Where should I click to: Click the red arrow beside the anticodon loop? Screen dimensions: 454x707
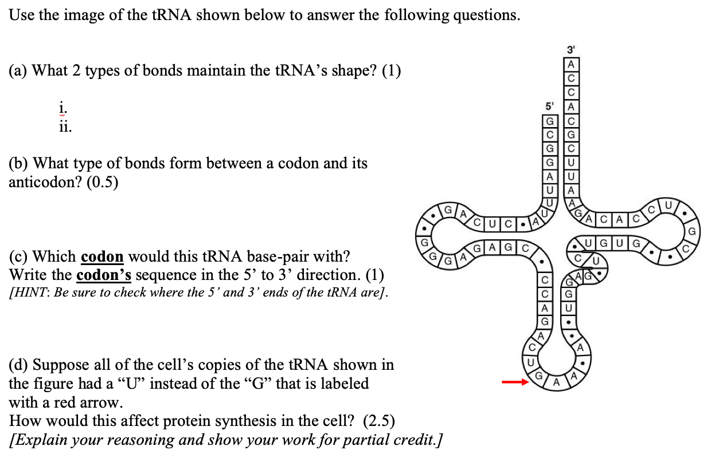coord(514,382)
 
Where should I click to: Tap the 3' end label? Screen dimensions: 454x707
coord(571,49)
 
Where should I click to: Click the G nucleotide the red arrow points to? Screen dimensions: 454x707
coord(540,377)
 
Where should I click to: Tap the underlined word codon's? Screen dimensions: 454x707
coord(104,275)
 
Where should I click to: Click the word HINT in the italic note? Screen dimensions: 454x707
coord(29,293)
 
